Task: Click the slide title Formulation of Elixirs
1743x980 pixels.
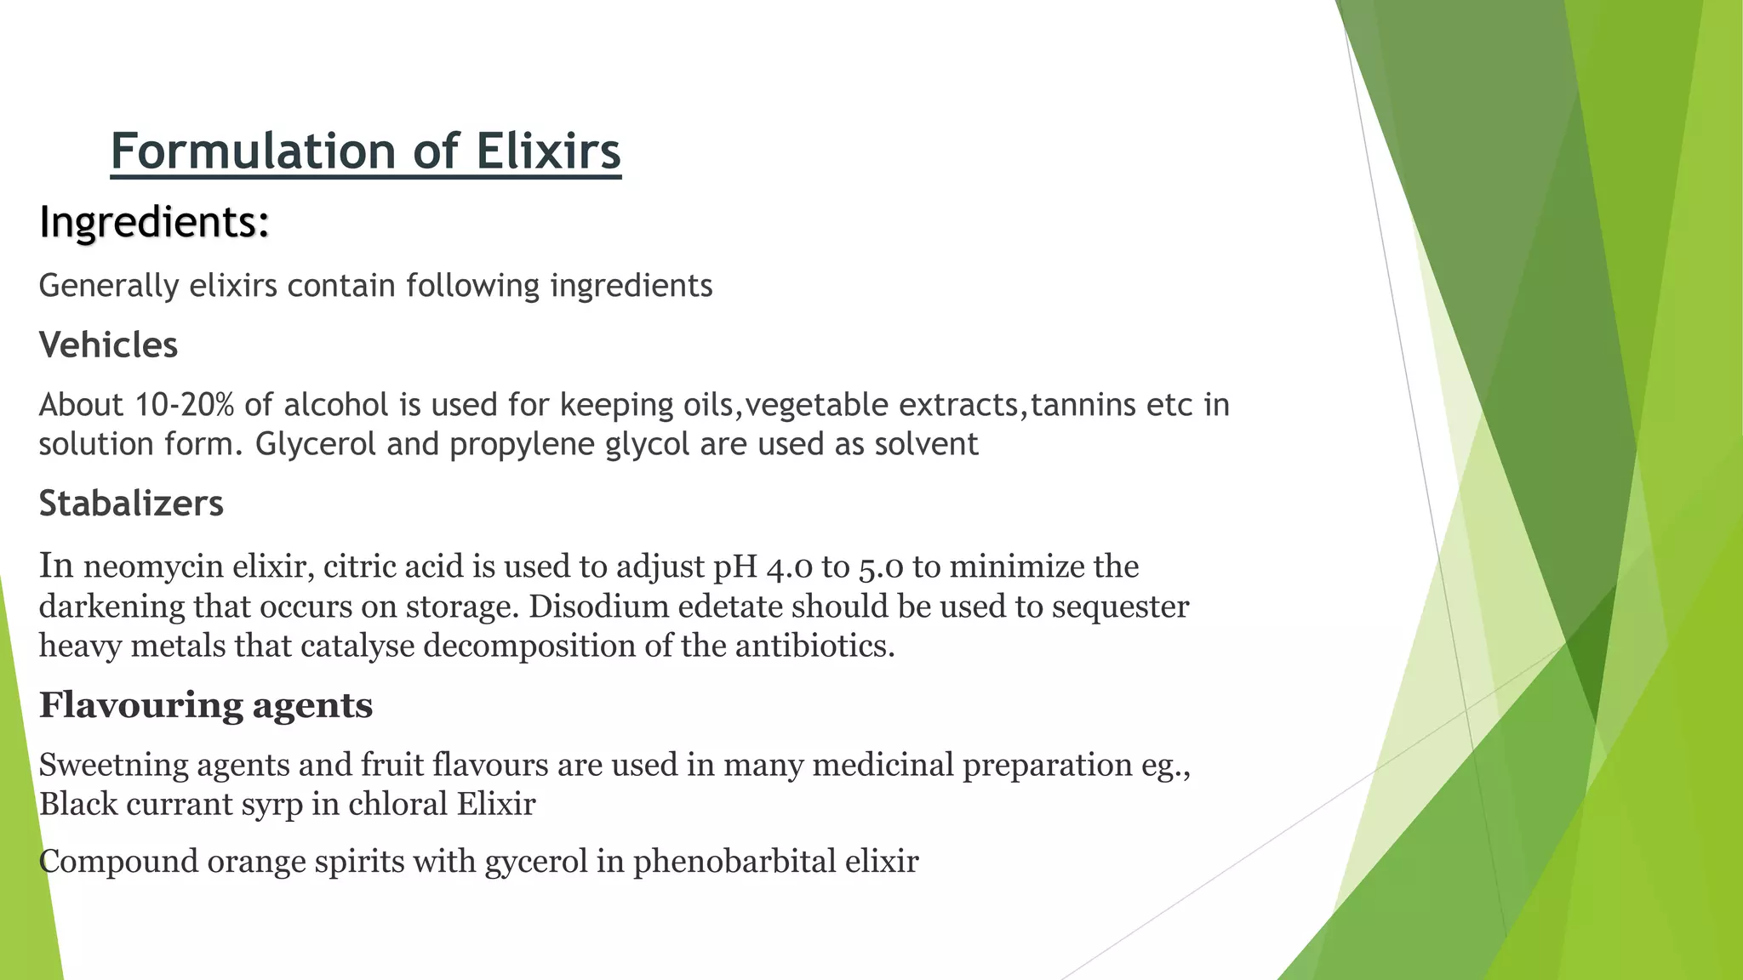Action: coord(365,151)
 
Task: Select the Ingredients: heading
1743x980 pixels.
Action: coord(154,222)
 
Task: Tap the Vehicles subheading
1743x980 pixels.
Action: coord(108,345)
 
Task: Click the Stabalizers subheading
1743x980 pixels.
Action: coord(131,504)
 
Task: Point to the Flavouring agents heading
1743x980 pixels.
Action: coord(206,705)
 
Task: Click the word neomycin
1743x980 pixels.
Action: coord(152,567)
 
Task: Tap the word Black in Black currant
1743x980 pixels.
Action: coord(77,804)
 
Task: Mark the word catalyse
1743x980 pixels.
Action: coord(357,647)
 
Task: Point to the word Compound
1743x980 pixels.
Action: coord(118,862)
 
